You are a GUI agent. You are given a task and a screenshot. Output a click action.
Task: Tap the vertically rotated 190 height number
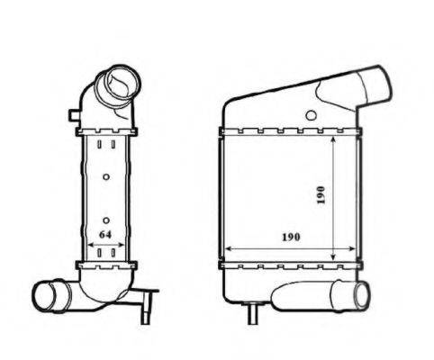click(x=321, y=195)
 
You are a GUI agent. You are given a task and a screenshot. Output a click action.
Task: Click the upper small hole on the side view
click(x=106, y=175)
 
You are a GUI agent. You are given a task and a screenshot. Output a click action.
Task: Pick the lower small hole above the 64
click(x=106, y=219)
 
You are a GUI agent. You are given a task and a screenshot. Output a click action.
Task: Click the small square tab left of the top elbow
click(x=71, y=114)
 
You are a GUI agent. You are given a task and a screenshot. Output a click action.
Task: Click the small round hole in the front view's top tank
click(x=311, y=115)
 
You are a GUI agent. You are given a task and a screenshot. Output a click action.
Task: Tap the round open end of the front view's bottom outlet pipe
click(x=363, y=293)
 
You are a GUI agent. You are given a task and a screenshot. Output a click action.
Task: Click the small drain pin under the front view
click(x=253, y=314)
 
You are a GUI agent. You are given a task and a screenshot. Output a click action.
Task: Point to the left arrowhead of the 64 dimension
click(x=91, y=245)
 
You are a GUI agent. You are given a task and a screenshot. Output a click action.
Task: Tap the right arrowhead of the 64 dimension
click(x=122, y=245)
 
